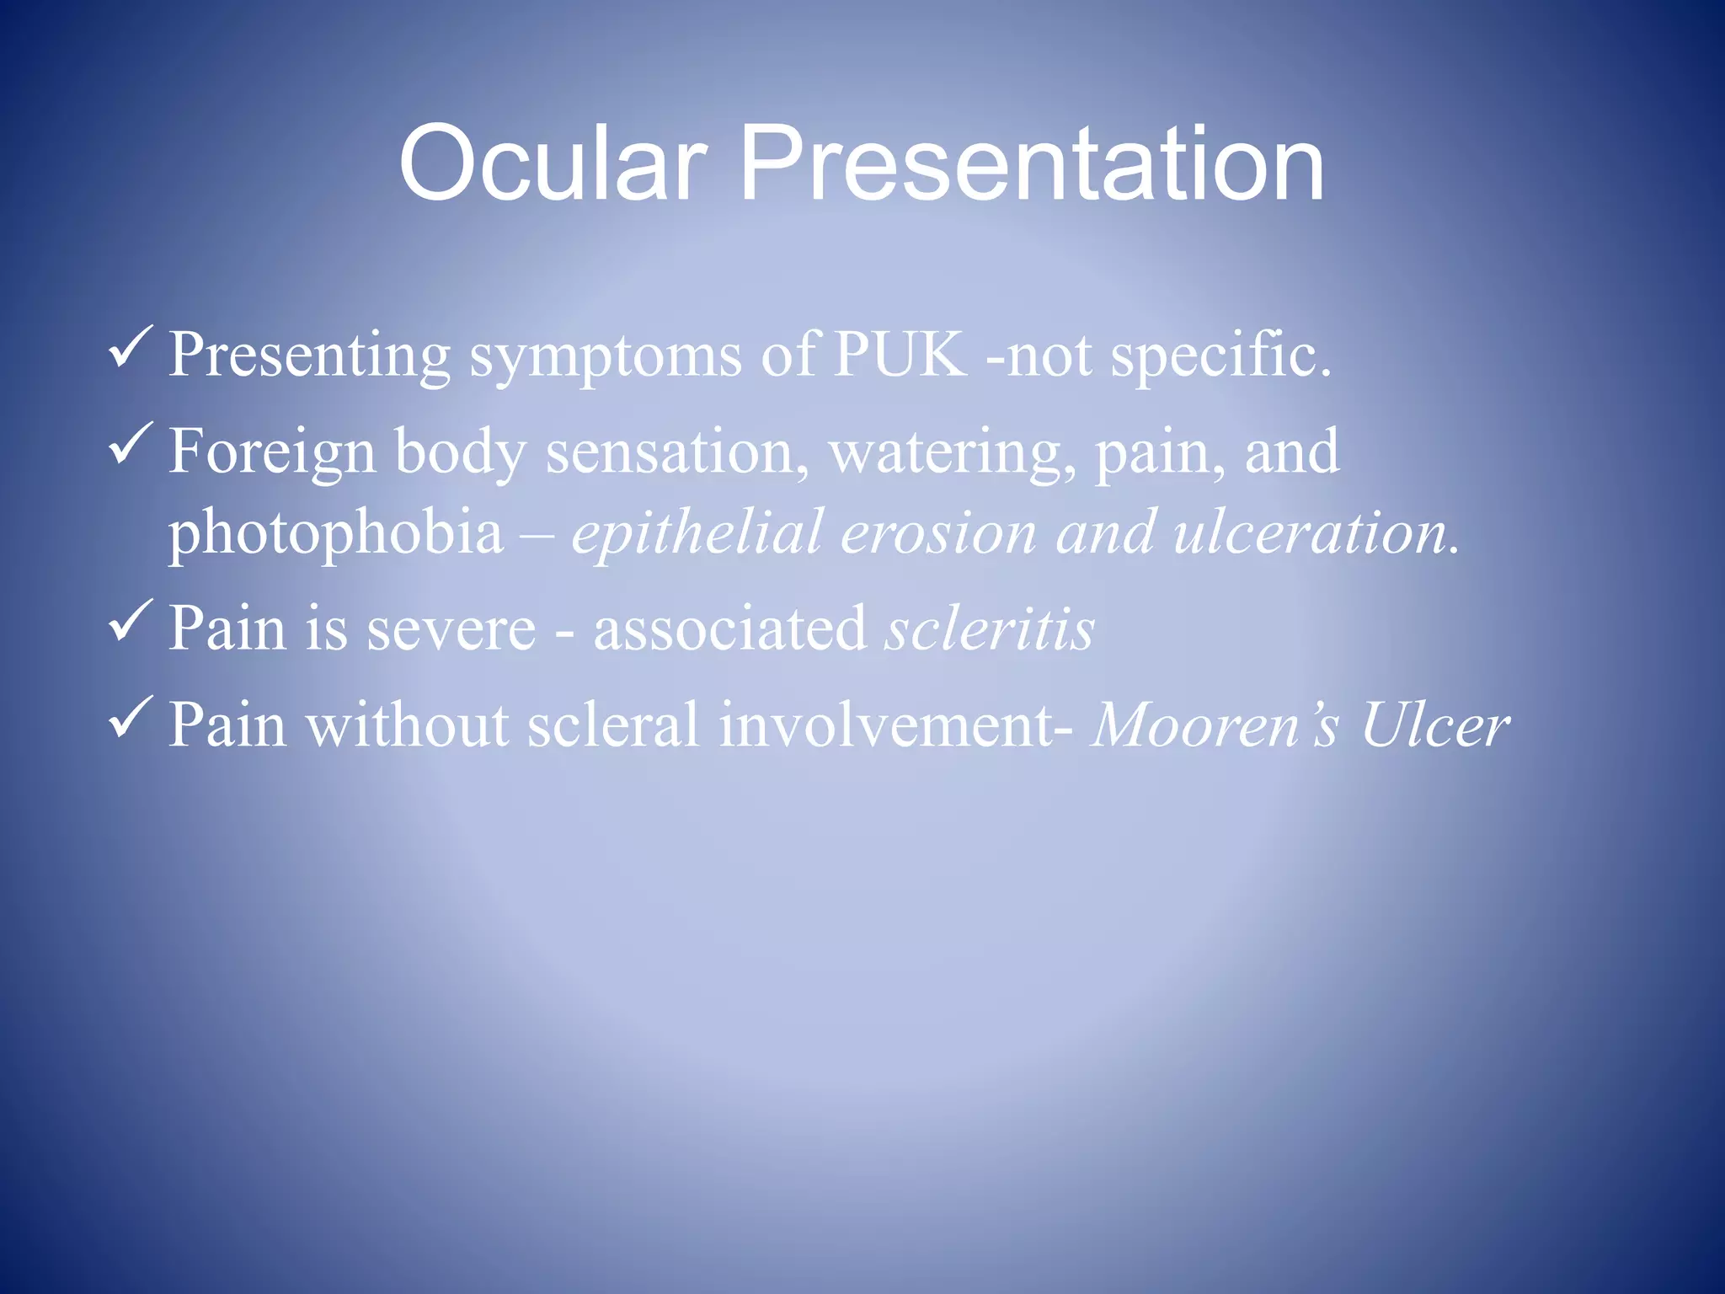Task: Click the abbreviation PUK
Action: (x=900, y=354)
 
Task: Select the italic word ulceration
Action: (x=1314, y=533)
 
